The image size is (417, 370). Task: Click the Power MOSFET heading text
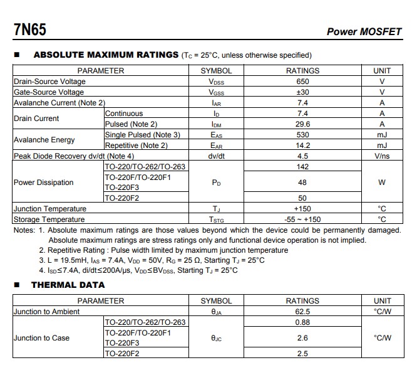364,32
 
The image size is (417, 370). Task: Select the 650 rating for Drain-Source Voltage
302,82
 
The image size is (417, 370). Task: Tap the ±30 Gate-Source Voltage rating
302,92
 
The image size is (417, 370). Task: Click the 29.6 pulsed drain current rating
302,124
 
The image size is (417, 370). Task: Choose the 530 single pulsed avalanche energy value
302,135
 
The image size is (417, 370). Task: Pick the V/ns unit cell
382,156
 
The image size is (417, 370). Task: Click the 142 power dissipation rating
302,167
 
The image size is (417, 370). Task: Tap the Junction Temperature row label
50,209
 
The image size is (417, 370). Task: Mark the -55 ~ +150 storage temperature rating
302,219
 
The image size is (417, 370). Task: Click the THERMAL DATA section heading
68,285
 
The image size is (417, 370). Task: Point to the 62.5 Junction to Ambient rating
302,312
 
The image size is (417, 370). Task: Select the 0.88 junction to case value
302,322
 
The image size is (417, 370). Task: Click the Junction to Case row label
42,338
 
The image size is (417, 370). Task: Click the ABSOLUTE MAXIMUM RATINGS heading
106,55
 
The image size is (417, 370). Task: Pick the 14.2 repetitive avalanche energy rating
302,145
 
